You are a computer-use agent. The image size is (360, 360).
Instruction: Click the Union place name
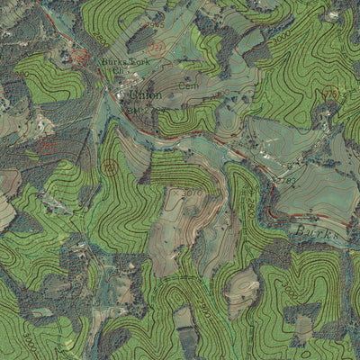click(x=145, y=94)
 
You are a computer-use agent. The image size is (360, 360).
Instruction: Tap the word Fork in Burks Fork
click(x=139, y=61)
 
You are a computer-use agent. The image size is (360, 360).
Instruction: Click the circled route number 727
click(x=157, y=47)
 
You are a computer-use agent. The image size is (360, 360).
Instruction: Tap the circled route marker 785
click(x=330, y=94)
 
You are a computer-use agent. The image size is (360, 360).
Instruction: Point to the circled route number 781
click(x=110, y=166)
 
